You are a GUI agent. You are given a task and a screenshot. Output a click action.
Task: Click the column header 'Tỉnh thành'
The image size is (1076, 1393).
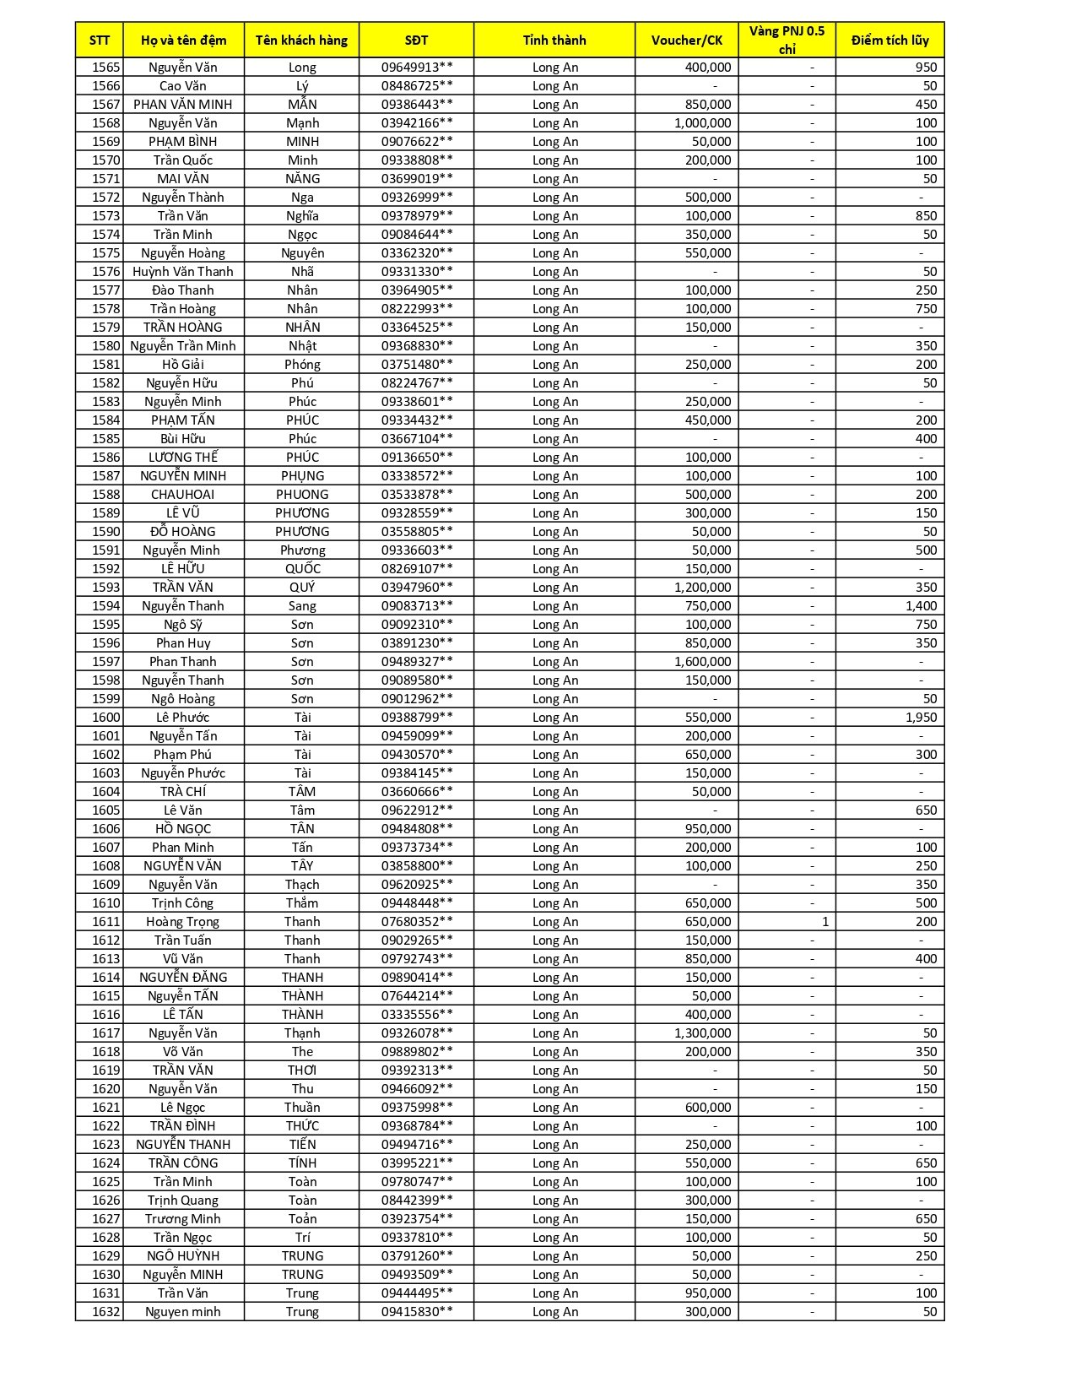pyautogui.click(x=554, y=40)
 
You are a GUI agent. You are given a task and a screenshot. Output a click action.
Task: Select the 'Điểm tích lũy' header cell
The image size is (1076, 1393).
pyautogui.click(x=889, y=40)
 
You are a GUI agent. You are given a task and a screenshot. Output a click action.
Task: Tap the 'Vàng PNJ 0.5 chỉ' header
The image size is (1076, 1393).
pyautogui.click(x=787, y=40)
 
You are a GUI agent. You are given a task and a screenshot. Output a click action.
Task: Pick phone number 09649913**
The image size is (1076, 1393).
pyautogui.click(x=417, y=68)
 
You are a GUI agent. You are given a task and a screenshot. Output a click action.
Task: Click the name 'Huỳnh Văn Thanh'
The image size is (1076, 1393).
pyautogui.click(x=183, y=272)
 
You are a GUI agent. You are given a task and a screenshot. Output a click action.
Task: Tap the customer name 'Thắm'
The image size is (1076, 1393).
pyautogui.click(x=302, y=903)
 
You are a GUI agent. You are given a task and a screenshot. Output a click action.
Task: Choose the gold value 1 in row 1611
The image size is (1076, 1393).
pyautogui.click(x=825, y=922)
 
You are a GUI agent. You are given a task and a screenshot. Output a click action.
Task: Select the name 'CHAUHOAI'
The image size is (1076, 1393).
pyautogui.click(x=183, y=495)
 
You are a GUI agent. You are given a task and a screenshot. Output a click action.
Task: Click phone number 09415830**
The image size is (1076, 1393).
pyautogui.click(x=417, y=1312)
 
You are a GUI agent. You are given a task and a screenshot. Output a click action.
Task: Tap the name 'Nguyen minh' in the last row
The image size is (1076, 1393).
pyautogui.click(x=183, y=1312)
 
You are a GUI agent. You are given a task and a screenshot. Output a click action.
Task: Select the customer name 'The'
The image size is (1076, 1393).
pyautogui.click(x=302, y=1052)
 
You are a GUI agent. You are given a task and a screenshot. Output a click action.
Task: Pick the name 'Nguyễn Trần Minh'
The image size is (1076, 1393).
pyautogui.click(x=183, y=346)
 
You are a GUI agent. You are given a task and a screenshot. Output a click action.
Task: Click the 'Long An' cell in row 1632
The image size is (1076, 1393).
pyautogui.click(x=555, y=1312)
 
